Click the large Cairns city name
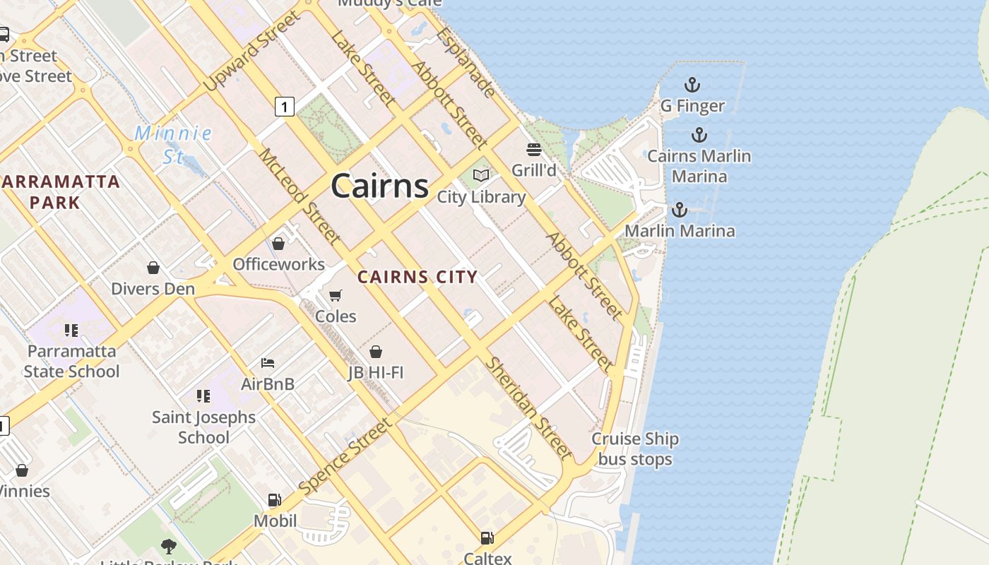click(x=379, y=186)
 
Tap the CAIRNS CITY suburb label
click(x=417, y=277)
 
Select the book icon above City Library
click(x=481, y=175)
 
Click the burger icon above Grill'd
click(x=533, y=149)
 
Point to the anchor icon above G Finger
click(x=692, y=85)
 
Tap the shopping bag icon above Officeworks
click(x=278, y=244)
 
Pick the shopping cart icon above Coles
click(x=336, y=295)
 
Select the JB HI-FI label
click(x=376, y=371)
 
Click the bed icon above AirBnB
click(x=268, y=363)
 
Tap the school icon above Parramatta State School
click(x=71, y=330)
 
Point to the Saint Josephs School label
click(x=203, y=427)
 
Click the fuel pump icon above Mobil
click(x=275, y=500)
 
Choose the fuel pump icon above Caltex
click(x=487, y=538)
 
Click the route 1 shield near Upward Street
click(x=284, y=107)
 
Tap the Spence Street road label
click(x=344, y=456)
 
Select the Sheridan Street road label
click(x=528, y=408)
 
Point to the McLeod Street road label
click(x=300, y=195)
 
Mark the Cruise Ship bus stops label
click(x=635, y=448)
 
